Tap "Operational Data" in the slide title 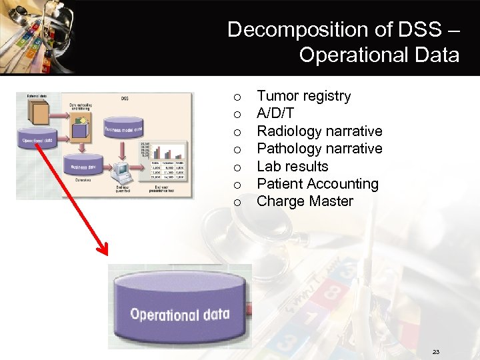[379, 55]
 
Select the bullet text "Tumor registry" [303, 96]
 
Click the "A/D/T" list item [275, 113]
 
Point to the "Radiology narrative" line [319, 131]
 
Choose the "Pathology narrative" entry [319, 148]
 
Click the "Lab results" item [293, 166]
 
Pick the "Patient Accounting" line [317, 183]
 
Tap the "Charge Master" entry [305, 201]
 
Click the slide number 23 [436, 352]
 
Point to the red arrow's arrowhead [102, 250]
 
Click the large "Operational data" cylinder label [179, 314]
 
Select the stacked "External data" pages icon [37, 113]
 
